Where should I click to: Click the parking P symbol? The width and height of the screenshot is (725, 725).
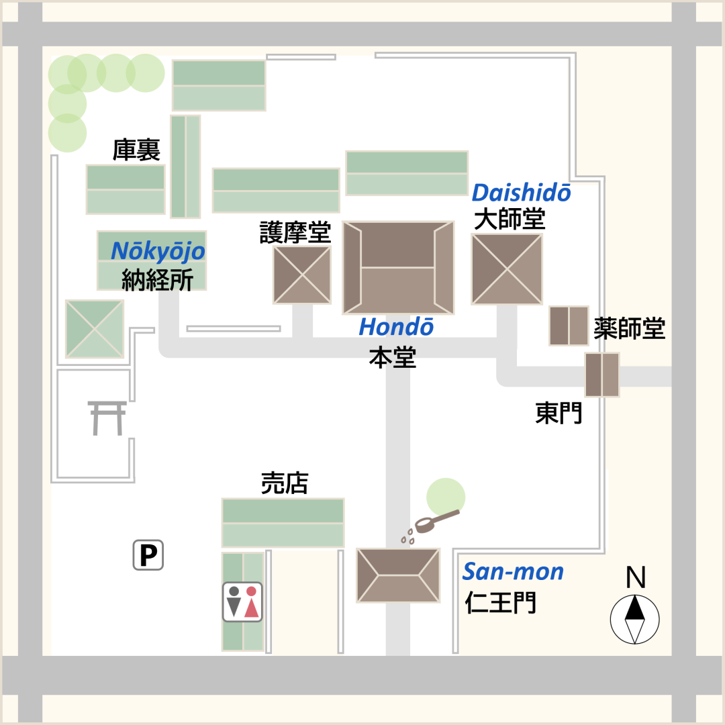148,555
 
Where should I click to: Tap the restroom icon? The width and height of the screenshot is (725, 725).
242,601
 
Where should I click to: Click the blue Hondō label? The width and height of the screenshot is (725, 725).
396,327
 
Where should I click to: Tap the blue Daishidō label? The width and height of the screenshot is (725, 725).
522,193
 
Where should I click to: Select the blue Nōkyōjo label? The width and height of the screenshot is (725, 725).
158,251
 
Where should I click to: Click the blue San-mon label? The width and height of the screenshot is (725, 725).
513,572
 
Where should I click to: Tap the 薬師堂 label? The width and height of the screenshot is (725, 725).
629,328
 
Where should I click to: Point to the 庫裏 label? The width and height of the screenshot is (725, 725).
136,150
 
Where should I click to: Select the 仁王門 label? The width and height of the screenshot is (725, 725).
501,603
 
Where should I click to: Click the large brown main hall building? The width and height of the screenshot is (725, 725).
398,267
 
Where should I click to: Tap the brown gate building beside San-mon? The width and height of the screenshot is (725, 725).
398,575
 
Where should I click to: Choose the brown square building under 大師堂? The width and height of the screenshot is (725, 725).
507,269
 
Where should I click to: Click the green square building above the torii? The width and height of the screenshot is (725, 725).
95,328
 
